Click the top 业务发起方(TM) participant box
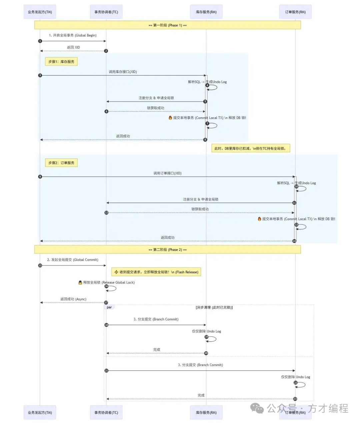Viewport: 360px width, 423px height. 40,12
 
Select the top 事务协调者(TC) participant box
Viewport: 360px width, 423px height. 106,12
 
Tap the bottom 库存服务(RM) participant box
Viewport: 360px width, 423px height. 206,412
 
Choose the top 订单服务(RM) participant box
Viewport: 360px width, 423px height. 295,12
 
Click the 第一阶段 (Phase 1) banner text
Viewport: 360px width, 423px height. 167,25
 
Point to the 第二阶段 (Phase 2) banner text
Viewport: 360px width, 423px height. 167,249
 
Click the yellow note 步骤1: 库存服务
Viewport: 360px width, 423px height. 61,62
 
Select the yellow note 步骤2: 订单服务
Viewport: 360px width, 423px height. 61,163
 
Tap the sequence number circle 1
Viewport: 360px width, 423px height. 40,41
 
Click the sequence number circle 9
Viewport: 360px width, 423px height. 40,177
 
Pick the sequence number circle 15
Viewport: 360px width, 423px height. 40,265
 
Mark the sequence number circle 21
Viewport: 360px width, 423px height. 106,370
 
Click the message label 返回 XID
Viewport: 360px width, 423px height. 73,47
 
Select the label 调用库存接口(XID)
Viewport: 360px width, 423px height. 123,72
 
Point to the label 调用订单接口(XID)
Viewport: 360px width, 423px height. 167,173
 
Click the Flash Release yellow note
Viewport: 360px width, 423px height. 156,272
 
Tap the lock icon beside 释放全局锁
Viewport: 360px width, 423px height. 80,282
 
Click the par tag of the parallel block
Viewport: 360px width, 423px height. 109,307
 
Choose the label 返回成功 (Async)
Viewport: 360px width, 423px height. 73,299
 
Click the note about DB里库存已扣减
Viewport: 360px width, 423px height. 250,148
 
